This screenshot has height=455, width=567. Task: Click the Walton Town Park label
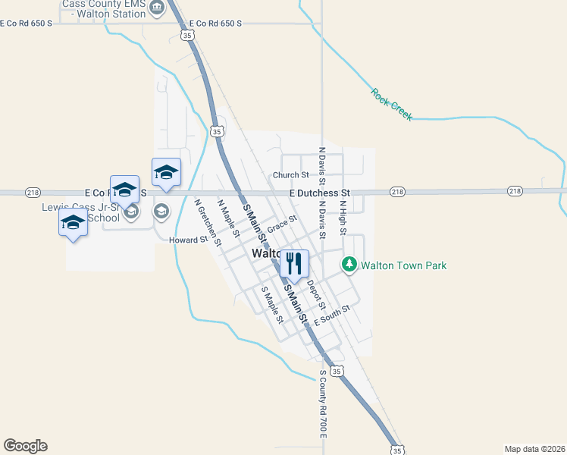pyautogui.click(x=403, y=265)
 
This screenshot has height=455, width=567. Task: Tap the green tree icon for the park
pyautogui.click(x=349, y=265)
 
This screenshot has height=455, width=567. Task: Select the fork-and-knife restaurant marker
pyautogui.click(x=294, y=263)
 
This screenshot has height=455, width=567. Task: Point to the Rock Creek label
pyautogui.click(x=391, y=105)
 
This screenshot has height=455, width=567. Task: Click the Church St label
pyautogui.click(x=290, y=175)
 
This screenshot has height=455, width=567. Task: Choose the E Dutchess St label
pyautogui.click(x=319, y=193)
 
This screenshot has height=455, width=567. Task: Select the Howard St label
pyautogui.click(x=188, y=240)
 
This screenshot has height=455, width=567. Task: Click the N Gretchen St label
pyautogui.click(x=207, y=223)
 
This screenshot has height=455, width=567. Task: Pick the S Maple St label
pyautogui.click(x=271, y=305)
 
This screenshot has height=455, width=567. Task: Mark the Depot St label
pyautogui.click(x=316, y=295)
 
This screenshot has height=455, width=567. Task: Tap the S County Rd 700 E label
pyautogui.click(x=322, y=404)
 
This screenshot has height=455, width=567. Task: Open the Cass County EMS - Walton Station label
pyautogui.click(x=104, y=8)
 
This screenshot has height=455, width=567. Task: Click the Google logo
pyautogui.click(x=25, y=446)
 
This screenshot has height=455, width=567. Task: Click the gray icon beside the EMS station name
pyautogui.click(x=157, y=8)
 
